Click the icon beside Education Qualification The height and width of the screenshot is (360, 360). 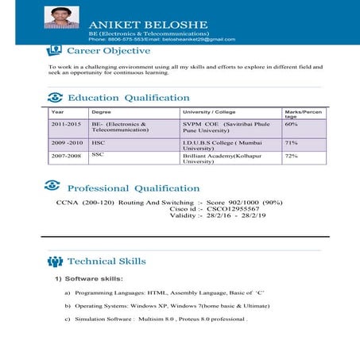click(55, 97)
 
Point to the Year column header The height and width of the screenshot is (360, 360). click(56, 112)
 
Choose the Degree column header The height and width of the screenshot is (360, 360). click(101, 112)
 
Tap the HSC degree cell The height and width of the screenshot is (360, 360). click(99, 142)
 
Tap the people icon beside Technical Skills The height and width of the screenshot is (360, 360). click(55, 261)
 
